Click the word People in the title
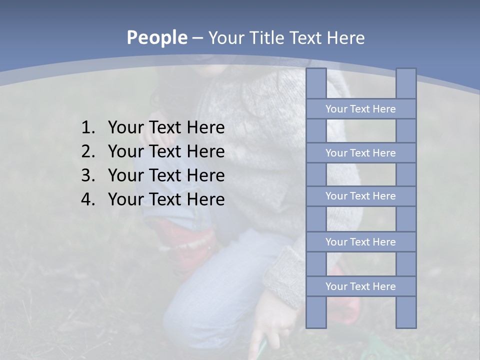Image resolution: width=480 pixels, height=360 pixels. click(157, 37)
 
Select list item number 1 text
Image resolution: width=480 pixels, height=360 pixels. click(166, 128)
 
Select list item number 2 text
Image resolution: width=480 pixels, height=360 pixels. click(166, 151)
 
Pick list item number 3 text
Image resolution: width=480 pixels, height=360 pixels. click(166, 175)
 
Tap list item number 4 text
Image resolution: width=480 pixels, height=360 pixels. click(166, 199)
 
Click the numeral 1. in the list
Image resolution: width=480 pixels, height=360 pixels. click(88, 128)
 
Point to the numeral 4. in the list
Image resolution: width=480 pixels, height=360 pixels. click(88, 199)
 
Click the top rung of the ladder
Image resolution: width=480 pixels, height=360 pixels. click(360, 109)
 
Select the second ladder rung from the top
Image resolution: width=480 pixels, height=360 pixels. click(360, 153)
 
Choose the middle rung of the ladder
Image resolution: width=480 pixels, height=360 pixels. click(360, 196)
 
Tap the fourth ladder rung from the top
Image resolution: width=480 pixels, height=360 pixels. click(360, 242)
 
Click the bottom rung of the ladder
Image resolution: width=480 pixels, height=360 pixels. click(360, 286)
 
